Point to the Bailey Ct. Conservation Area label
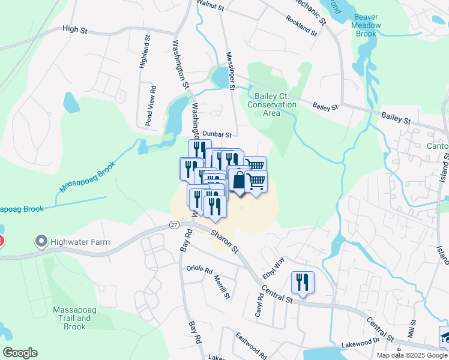(276, 104)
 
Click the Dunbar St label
(217, 134)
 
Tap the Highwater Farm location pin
(41, 242)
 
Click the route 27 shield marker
(173, 224)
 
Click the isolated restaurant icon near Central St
(302, 282)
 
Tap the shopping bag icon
(239, 180)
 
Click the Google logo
(20, 352)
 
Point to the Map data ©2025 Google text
(411, 355)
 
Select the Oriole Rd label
(200, 269)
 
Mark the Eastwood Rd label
(251, 343)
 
